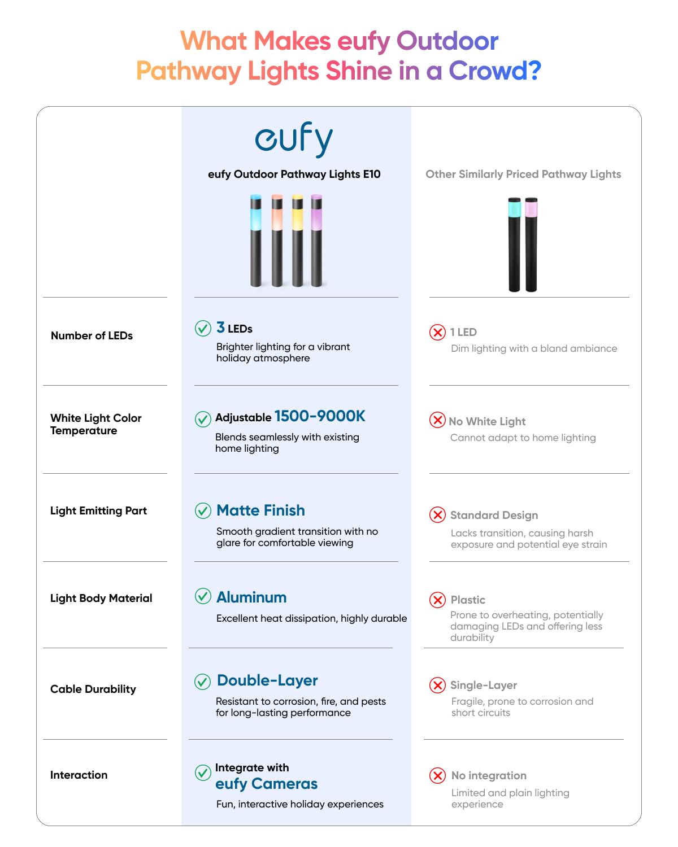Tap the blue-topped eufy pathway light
click(256, 240)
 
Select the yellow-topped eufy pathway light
click(297, 240)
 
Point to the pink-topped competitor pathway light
click(531, 244)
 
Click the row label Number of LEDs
click(92, 335)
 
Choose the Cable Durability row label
click(93, 689)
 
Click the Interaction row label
click(79, 775)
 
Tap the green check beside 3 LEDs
click(203, 328)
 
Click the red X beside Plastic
click(437, 600)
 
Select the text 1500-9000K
click(320, 416)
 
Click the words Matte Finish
click(260, 510)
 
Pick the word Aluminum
click(251, 597)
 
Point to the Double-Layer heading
click(267, 680)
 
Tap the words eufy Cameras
click(266, 784)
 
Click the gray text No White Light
click(487, 421)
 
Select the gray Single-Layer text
click(484, 685)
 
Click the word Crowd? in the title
click(495, 71)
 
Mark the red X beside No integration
click(437, 775)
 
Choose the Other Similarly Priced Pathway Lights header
click(523, 174)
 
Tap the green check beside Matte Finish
click(203, 510)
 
